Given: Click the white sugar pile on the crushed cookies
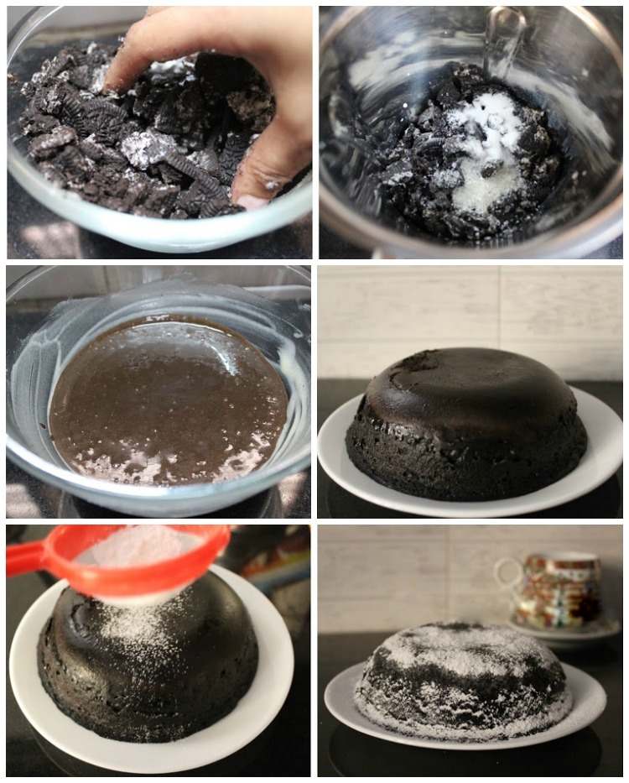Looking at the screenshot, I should point(486,151).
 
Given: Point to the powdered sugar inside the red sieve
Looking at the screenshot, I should point(143,550).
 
